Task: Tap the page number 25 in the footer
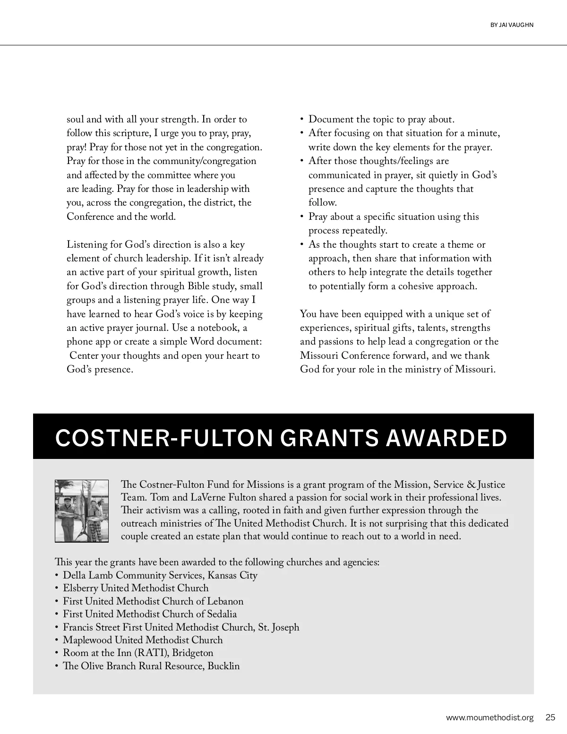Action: (x=550, y=717)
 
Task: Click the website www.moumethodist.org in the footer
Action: (x=490, y=717)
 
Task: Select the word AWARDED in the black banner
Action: (x=447, y=438)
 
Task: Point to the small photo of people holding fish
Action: (x=82, y=511)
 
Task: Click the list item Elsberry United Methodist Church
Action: (x=136, y=588)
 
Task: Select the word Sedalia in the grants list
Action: (x=222, y=614)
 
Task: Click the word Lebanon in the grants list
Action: (x=225, y=601)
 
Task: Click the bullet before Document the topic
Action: (x=302, y=120)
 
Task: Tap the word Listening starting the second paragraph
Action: (x=88, y=244)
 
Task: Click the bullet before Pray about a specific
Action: (x=302, y=217)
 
